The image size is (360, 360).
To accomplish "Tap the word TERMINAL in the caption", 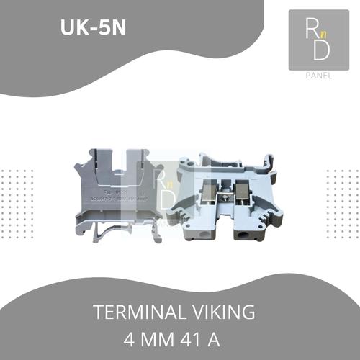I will tap(138, 312).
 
